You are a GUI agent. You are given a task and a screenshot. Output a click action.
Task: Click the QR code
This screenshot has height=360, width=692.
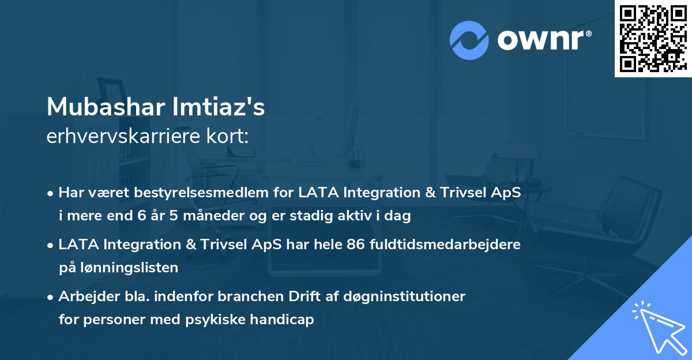pyautogui.click(x=653, y=39)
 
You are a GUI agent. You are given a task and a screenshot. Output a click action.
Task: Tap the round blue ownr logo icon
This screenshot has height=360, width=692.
pyautogui.click(x=469, y=40)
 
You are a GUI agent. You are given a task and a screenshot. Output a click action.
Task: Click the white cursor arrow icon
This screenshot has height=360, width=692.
pyautogui.click(x=657, y=325)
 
